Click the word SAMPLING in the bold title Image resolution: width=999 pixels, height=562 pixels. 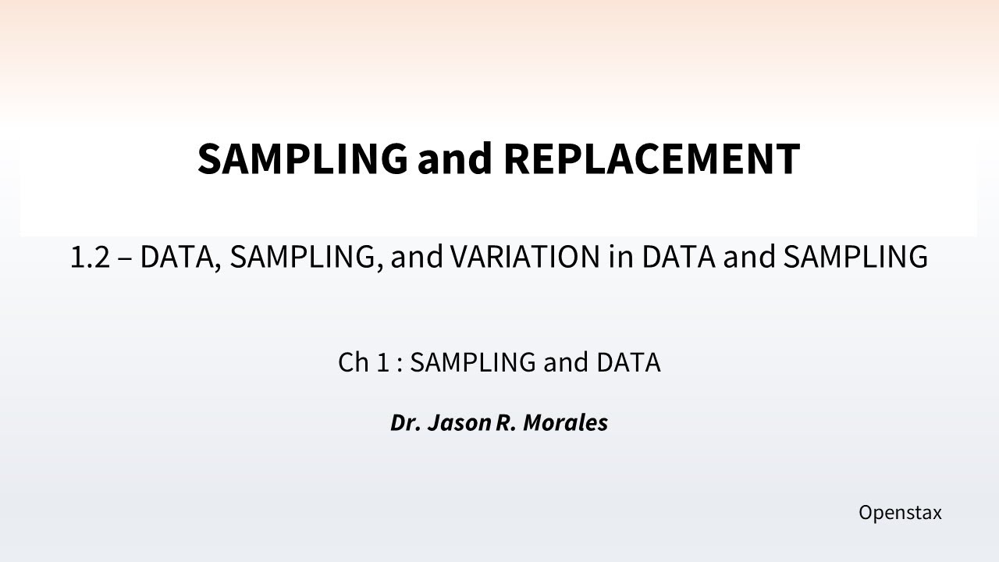tap(302, 158)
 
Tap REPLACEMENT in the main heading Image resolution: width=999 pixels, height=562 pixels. tap(652, 158)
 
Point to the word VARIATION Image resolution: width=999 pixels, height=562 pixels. tap(524, 257)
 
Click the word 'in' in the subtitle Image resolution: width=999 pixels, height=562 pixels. tap(621, 257)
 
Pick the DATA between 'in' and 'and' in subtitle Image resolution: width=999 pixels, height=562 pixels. tap(677, 257)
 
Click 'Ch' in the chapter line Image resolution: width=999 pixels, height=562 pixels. tap(352, 362)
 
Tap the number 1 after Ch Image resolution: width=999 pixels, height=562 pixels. tap(382, 362)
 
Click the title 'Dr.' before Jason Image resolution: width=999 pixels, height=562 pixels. tap(405, 423)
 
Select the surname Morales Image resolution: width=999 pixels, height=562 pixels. tap(565, 423)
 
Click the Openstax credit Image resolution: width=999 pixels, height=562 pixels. tap(900, 513)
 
